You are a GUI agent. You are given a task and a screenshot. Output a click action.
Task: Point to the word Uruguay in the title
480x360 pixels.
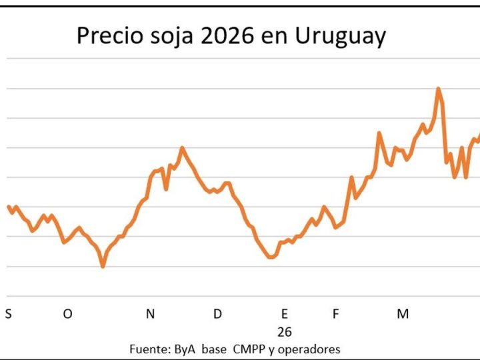pos(347,37)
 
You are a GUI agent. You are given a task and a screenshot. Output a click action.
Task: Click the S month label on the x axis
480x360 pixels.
pos(8,314)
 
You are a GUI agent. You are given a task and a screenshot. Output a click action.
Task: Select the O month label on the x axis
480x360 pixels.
pos(67,314)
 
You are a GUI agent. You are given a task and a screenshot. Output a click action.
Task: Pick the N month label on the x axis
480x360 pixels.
pos(151,314)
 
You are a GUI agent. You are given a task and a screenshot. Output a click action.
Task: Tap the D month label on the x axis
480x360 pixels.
pos(217,314)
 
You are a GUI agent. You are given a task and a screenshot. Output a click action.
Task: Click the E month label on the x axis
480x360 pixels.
pos(285,314)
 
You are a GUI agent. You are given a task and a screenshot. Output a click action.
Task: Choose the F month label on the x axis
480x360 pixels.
pos(336,314)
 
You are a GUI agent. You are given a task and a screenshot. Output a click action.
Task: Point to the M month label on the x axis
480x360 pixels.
pos(403,314)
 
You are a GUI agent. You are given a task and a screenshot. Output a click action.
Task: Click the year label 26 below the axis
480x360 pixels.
pos(285,331)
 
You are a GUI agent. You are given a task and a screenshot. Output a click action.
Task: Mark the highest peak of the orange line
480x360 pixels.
pos(438,88)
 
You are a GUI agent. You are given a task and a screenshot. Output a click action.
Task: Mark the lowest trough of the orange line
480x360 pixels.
pos(103,267)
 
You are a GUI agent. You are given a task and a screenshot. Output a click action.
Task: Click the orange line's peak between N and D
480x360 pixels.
pos(182,147)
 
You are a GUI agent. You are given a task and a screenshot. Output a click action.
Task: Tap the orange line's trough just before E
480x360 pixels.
pos(271,257)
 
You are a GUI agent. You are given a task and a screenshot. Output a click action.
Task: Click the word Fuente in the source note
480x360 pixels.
pos(149,349)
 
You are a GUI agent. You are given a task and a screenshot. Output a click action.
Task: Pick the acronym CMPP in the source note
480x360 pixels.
pos(248,349)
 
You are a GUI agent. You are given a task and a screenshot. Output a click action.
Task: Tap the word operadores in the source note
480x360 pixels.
pos(311,349)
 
